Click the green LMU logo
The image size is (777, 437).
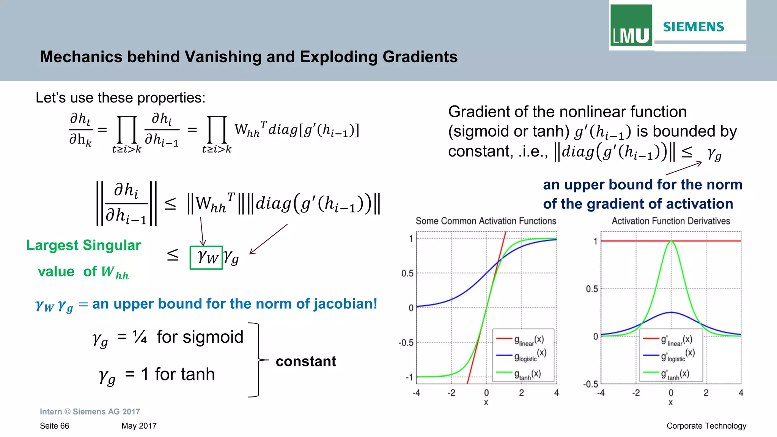click(631, 26)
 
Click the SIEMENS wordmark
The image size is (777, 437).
click(693, 27)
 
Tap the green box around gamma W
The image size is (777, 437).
click(206, 258)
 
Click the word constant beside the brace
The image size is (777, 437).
click(306, 361)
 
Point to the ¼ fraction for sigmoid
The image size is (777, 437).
click(140, 337)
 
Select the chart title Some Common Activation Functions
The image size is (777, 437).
click(486, 221)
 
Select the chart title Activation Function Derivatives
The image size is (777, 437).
click(670, 221)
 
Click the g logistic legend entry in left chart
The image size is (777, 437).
click(525, 356)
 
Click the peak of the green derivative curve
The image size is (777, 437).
click(671, 241)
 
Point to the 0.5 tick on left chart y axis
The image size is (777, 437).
click(407, 273)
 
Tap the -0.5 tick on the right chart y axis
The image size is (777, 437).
click(590, 384)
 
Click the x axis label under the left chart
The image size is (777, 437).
click(486, 402)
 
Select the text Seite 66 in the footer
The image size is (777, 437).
click(54, 426)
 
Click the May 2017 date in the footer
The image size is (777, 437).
click(139, 426)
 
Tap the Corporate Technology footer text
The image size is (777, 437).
click(706, 426)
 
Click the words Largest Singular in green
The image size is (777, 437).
click(83, 245)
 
